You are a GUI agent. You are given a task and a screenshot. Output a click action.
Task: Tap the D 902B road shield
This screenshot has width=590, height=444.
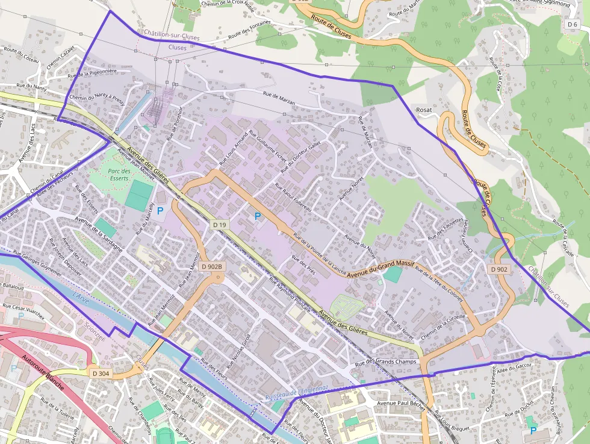[x=212, y=266]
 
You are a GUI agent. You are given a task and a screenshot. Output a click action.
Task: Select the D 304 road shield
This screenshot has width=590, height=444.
[x=101, y=374]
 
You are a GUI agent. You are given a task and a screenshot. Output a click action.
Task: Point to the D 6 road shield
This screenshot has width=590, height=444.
[x=572, y=24]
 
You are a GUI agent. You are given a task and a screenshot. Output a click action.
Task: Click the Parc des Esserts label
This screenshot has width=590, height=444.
[x=119, y=175]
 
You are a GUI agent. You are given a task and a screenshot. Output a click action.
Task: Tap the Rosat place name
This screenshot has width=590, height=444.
[x=424, y=110]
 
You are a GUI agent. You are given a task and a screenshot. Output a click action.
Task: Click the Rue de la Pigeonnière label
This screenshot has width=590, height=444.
[x=92, y=73]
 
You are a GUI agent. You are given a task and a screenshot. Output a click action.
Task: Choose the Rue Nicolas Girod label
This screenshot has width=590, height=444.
[x=238, y=352]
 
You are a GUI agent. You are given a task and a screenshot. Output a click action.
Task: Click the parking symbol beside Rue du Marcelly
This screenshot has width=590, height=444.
[x=160, y=211]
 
